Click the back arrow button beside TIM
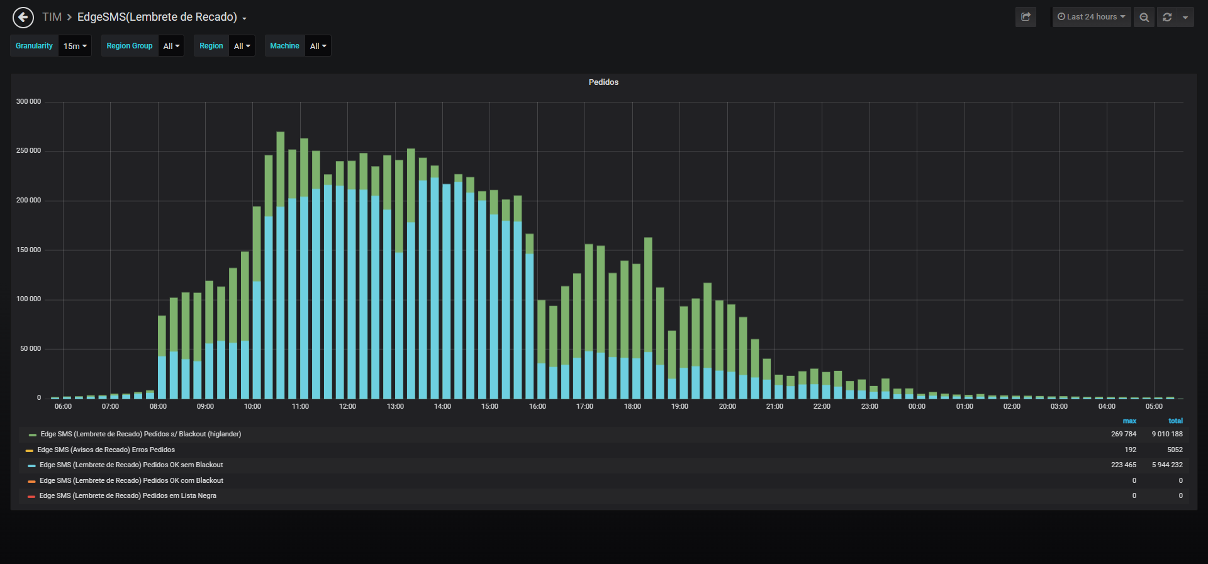23,18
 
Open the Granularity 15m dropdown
75,46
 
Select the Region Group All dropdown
171,46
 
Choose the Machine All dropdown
318,46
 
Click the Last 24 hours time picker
1092,17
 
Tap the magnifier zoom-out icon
1144,17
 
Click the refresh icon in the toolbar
1167,17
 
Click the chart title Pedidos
603,82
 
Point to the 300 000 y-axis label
28,101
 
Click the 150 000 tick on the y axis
28,250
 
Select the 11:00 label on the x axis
300,406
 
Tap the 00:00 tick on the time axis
917,406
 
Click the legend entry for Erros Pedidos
106,450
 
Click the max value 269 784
1124,434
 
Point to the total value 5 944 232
1167,465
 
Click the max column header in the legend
1129,421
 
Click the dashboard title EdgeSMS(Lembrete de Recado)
157,17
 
